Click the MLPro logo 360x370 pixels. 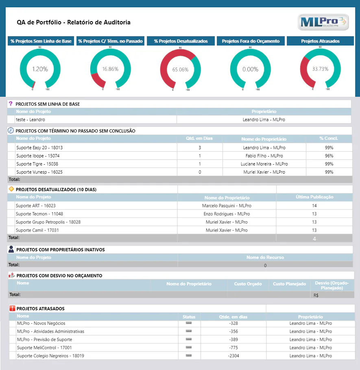coord(323,22)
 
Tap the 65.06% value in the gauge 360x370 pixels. coord(180,70)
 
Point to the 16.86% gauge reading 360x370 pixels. coord(110,69)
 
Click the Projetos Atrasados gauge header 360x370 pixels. coord(320,41)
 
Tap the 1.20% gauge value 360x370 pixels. coord(40,69)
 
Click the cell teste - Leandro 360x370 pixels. coord(31,120)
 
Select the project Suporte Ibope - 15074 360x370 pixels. coord(38,156)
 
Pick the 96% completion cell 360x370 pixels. coord(329,156)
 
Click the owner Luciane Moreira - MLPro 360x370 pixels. coord(264,164)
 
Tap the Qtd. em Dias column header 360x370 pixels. coord(199,138)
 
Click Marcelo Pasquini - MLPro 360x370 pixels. coord(227,206)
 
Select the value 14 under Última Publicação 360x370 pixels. coord(314,206)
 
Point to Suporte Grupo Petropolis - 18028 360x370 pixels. coord(48,222)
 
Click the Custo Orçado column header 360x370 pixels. coord(248,284)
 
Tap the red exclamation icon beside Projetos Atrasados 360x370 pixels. coord(12,308)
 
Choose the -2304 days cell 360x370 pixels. coord(233,356)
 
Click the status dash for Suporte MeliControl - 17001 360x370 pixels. coord(189,347)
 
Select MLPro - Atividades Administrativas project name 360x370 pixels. coord(50,331)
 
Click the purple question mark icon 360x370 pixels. coord(11,103)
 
